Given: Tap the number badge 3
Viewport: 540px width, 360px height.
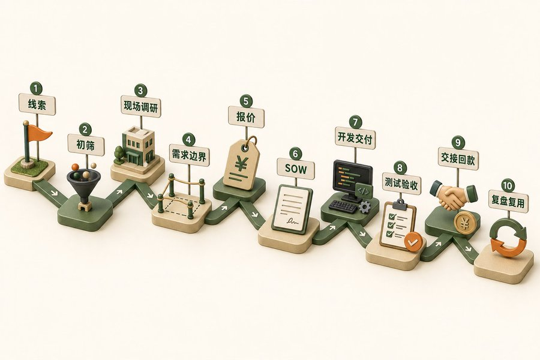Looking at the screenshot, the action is [140, 91].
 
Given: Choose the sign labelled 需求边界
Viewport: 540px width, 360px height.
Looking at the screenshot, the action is [189, 156].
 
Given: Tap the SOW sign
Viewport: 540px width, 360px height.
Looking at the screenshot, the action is [296, 169].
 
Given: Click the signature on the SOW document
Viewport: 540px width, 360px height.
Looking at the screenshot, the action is [292, 221].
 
